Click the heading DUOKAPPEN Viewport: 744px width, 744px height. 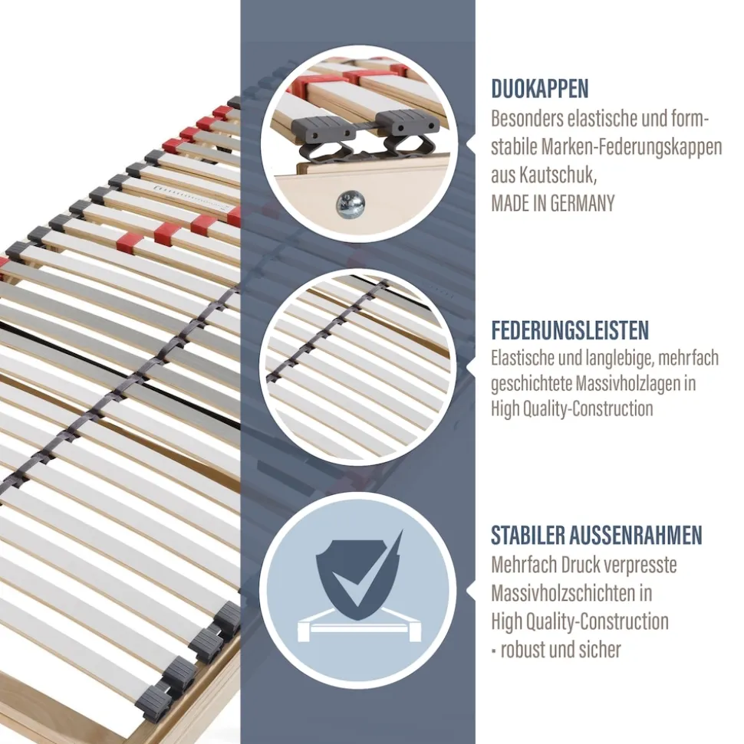(x=540, y=89)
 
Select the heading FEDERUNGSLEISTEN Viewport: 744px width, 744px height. (x=570, y=330)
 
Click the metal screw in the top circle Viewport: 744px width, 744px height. (x=351, y=204)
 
